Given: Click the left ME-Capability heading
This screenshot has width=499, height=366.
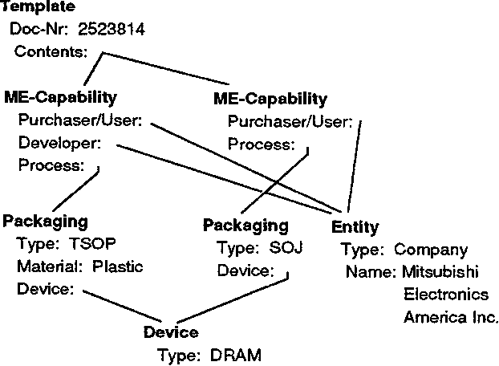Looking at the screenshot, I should coord(60,97).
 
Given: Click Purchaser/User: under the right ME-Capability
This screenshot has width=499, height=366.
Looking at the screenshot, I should coord(290,122).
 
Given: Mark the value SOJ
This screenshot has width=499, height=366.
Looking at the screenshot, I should coord(286,247).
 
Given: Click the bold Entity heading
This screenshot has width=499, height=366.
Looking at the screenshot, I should coord(355,228).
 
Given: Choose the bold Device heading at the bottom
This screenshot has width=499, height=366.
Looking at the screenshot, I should coord(170,331).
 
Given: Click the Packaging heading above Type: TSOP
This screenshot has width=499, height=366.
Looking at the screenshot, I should coord(46,222).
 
